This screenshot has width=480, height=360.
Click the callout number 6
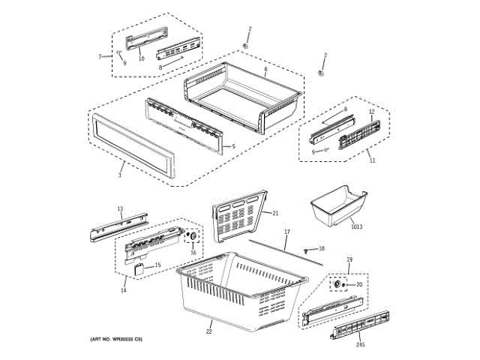click(266, 70)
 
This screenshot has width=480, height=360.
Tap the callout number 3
click(119, 175)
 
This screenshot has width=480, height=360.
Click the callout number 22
click(209, 331)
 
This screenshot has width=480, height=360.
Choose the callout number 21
click(274, 212)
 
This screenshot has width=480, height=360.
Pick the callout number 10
click(141, 58)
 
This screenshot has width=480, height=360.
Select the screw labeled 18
click(307, 248)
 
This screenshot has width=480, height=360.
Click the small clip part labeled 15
click(139, 267)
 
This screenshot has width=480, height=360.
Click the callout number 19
click(349, 259)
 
